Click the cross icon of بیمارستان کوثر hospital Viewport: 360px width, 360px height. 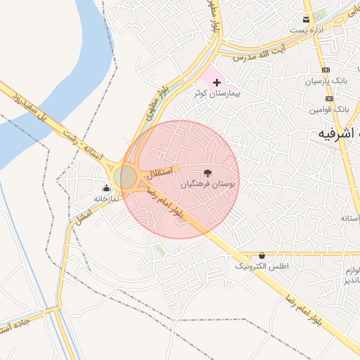pyautogui.click(x=217, y=83)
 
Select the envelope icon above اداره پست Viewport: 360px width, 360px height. pyautogui.click(x=305, y=20)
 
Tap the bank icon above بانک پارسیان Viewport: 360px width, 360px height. pyautogui.click(x=326, y=70)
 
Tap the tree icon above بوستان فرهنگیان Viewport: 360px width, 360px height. pyautogui.click(x=207, y=172)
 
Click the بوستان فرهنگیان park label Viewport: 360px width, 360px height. pyautogui.click(x=207, y=184)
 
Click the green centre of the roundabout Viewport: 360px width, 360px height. pyautogui.click(x=126, y=177)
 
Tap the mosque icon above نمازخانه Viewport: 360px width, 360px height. pyautogui.click(x=106, y=188)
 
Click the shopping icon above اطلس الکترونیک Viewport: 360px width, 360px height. pyautogui.click(x=262, y=255)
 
